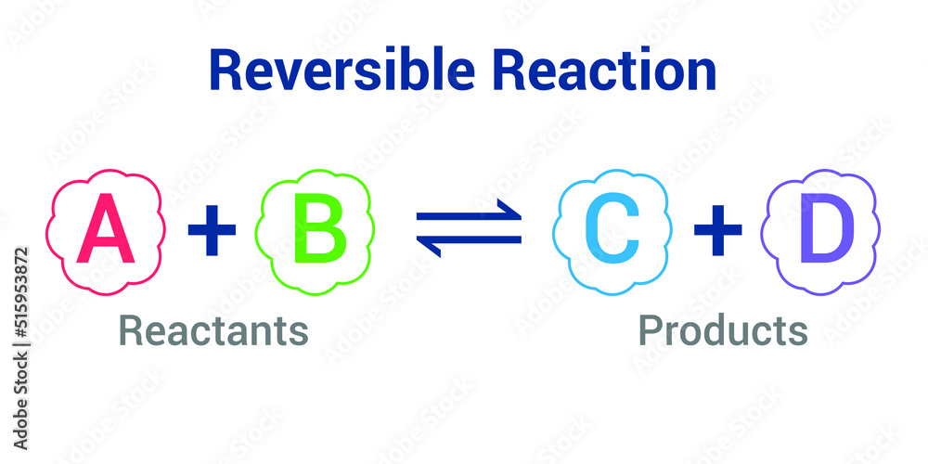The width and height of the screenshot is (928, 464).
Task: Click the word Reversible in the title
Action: (342, 70)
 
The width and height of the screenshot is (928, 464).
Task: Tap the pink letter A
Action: (106, 228)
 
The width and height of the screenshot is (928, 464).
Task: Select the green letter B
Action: (320, 228)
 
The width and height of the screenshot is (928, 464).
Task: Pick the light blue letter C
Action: (612, 228)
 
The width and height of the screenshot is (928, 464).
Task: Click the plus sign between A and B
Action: (212, 229)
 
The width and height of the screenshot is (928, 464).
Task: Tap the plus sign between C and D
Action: (718, 229)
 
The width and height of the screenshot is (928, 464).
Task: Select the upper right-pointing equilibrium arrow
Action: (470, 211)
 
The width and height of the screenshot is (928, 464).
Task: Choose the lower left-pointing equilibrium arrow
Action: (470, 246)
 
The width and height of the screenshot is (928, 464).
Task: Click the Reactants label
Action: (213, 330)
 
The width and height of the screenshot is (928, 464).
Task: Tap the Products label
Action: (723, 330)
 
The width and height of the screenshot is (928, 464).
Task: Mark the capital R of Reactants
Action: (131, 330)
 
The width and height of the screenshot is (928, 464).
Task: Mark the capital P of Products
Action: (651, 330)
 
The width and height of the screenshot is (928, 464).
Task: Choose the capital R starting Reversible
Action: (226, 70)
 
